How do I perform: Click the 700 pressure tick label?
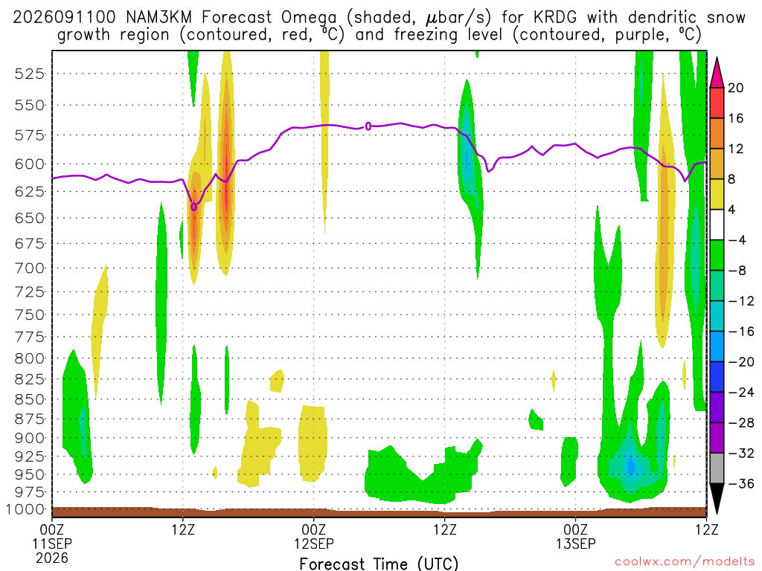point(30,268)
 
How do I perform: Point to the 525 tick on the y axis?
point(30,74)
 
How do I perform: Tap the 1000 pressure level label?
point(25,509)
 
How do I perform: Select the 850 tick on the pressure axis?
point(30,399)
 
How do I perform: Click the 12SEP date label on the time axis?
point(314,543)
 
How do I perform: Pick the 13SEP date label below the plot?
point(576,543)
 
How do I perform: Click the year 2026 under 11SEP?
point(52,558)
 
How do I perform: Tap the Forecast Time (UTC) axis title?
point(379,564)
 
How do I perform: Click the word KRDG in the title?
point(555,18)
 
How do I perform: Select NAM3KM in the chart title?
point(159,18)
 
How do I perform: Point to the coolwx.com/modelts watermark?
point(685,562)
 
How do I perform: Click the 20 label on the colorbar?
point(735,88)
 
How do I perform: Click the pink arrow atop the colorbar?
point(717,73)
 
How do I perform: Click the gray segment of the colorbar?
point(717,468)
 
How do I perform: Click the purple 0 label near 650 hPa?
point(194,207)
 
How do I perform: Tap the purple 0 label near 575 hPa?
point(368,126)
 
